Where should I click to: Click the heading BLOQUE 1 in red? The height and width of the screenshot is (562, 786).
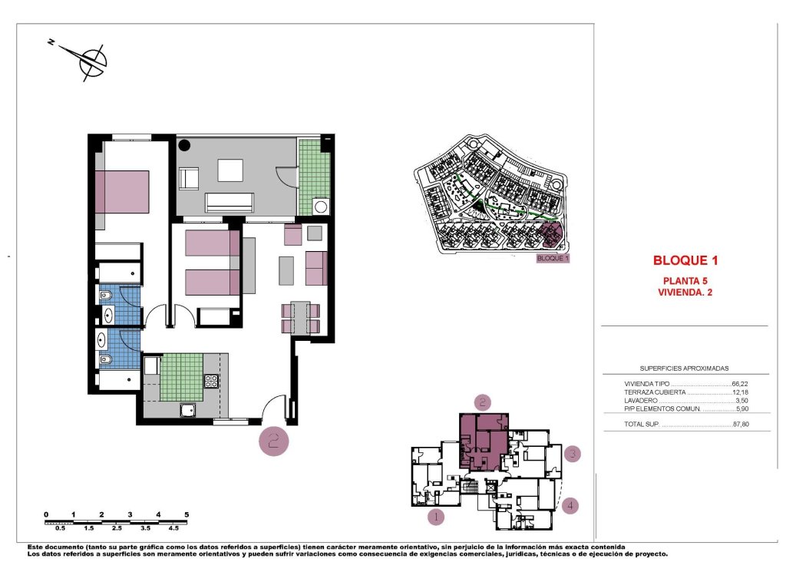pos(685,260)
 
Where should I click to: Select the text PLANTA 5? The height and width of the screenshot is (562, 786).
pos(685,280)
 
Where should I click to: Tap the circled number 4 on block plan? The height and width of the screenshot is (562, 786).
pos(570,505)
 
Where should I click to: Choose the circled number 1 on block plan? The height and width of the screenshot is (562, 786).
pos(436,517)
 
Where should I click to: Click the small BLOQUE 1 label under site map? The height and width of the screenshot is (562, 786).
pos(553,259)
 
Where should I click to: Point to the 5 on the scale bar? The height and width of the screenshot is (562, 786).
pos(187,514)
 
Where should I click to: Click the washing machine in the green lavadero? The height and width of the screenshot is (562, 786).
pos(320,206)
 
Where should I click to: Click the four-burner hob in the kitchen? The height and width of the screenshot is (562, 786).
pos(212,381)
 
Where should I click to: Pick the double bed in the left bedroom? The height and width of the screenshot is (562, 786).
pos(123,191)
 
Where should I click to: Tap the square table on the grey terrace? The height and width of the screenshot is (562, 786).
pos(230,170)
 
